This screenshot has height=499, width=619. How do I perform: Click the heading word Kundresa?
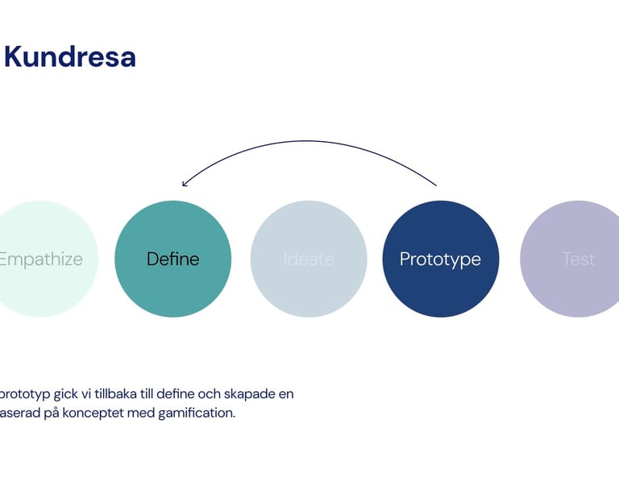point(70,57)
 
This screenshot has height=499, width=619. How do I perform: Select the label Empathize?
point(40,260)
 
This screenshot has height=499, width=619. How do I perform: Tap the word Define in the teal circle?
point(172,260)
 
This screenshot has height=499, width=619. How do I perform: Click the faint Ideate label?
point(309,260)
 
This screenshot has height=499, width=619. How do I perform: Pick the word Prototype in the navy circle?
point(440,260)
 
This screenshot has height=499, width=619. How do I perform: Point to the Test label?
point(578,260)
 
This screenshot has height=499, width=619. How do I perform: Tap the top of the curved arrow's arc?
point(310,142)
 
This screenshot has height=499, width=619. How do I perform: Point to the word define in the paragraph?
point(180,394)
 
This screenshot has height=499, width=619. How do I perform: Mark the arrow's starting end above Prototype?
point(435,185)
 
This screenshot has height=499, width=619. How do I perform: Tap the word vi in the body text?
point(81,394)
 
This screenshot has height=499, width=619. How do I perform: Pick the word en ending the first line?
point(286,394)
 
